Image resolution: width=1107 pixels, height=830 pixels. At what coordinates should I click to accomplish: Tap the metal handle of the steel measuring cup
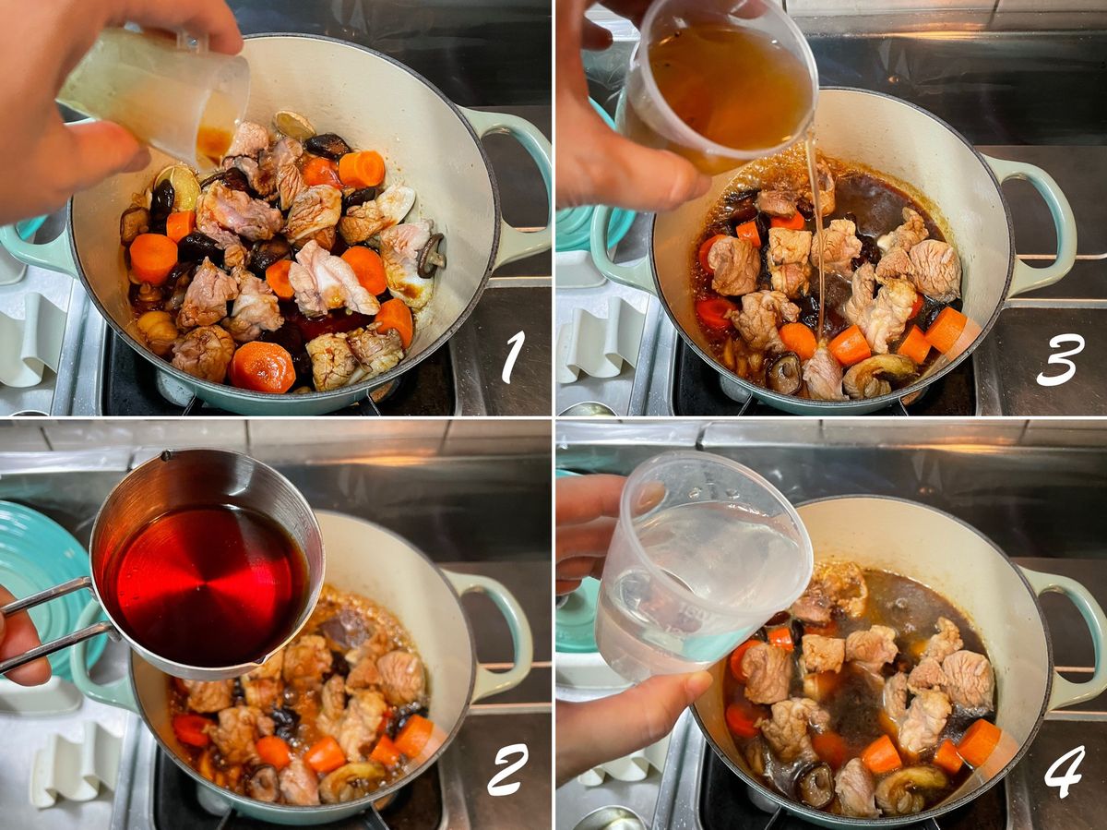51,626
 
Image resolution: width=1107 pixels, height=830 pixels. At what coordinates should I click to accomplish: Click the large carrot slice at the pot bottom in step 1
262,367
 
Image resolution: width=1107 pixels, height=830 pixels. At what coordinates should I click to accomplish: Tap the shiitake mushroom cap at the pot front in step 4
815,785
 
